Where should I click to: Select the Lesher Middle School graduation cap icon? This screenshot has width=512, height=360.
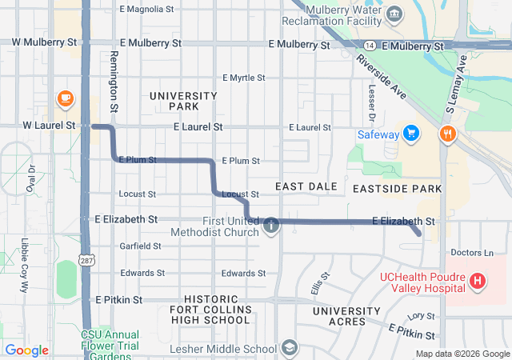click(x=289, y=348)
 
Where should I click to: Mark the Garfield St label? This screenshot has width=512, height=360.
click(x=140, y=246)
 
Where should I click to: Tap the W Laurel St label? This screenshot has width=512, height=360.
click(x=48, y=126)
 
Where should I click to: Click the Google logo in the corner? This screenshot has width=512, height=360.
click(x=27, y=350)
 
